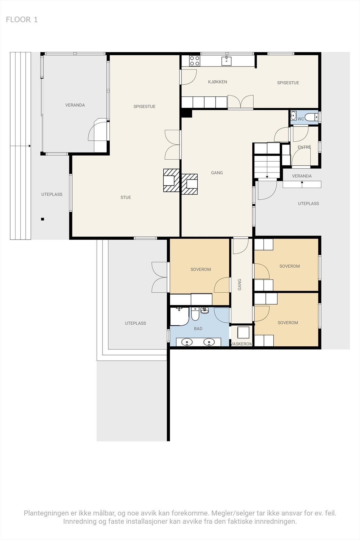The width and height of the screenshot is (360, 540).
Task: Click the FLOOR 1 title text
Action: [x=22, y=20]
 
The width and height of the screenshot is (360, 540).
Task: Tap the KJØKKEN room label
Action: [x=217, y=82]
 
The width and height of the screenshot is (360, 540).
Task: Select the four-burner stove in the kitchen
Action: [x=194, y=61]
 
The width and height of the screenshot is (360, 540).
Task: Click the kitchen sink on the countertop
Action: [x=226, y=61]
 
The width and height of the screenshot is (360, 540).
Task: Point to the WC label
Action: [x=301, y=119]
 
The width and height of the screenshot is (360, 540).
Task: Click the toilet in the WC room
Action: [x=311, y=117]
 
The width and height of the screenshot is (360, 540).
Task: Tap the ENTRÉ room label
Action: [x=304, y=147]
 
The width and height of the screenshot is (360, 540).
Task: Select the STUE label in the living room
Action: [x=126, y=197]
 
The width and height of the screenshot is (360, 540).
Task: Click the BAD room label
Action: [x=198, y=329]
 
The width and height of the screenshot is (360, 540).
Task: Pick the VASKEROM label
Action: [x=242, y=344]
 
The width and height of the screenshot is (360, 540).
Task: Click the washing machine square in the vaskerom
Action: [x=243, y=333]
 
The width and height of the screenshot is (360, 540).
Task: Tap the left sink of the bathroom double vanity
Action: [x=187, y=342]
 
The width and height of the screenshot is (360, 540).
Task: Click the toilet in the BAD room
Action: [x=195, y=314]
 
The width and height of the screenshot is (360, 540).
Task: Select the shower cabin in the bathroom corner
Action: [x=179, y=316]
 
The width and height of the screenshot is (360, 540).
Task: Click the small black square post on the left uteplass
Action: [x=43, y=219]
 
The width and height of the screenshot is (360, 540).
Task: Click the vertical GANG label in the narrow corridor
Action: [x=240, y=285]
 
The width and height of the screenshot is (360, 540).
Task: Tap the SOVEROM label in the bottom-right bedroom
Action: [x=288, y=323]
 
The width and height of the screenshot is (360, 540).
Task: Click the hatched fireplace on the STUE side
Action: [x=171, y=180]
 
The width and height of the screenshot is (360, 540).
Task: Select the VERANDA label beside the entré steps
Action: [x=302, y=176]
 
